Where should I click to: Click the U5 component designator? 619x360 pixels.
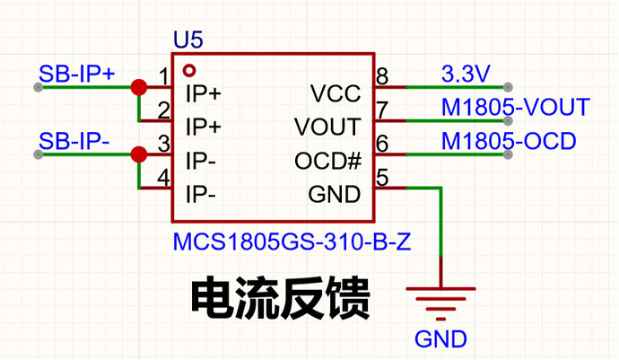(188, 40)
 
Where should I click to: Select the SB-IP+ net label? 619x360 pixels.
(77, 74)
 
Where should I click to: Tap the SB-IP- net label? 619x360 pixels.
(74, 141)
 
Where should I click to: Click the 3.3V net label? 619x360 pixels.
(466, 74)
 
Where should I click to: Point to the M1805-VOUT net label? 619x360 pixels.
(516, 107)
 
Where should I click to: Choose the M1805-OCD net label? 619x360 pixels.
(509, 141)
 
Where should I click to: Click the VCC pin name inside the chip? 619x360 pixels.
(336, 93)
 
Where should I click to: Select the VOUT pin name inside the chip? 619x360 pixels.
(327, 127)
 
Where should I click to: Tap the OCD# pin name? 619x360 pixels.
(327, 161)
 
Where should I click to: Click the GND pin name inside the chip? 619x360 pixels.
(335, 195)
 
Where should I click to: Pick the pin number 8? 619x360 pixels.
(382, 76)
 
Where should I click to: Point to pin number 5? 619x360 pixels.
(382, 178)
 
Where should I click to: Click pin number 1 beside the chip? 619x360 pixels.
(164, 76)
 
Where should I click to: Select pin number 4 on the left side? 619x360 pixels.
(163, 178)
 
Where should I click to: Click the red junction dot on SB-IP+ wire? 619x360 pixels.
(139, 87)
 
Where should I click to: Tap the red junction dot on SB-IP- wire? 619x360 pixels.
(139, 154)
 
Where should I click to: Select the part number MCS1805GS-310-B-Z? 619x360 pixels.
(292, 241)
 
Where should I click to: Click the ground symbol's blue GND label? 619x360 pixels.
(440, 339)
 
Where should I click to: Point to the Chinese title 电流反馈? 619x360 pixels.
(281, 298)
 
